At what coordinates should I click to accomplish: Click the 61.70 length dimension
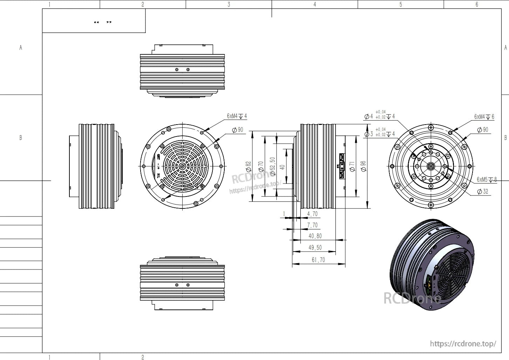point(318,260)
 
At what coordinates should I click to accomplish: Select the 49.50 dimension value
point(315,248)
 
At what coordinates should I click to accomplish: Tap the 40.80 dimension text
point(315,236)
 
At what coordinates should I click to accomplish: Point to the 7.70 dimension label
point(312,225)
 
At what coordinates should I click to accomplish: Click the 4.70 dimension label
point(312,214)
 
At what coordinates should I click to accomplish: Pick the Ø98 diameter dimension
point(363,166)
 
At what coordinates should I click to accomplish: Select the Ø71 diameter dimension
point(352,166)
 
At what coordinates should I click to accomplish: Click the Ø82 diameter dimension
point(249,166)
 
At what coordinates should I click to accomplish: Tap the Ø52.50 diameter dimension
point(272,166)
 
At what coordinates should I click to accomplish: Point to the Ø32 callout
point(483,192)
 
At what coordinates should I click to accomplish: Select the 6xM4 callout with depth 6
point(484,117)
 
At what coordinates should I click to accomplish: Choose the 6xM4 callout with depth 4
point(237,116)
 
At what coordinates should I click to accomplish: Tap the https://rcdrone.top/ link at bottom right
point(463,344)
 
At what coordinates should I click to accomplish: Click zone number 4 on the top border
point(314,5)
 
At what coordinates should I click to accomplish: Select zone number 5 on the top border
point(401,5)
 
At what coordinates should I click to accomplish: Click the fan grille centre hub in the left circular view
point(182,166)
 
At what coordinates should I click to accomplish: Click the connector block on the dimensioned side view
point(341,166)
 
